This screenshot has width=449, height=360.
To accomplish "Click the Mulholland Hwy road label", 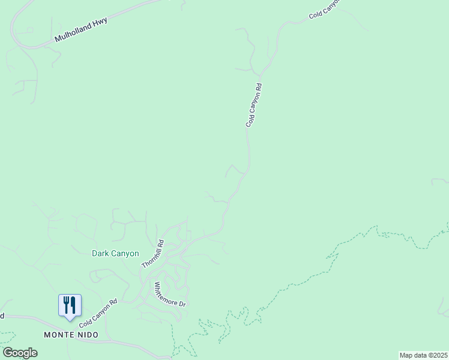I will (80, 29).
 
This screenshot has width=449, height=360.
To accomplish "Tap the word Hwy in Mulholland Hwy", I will (100, 22).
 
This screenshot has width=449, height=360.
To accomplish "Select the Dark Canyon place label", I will (115, 253).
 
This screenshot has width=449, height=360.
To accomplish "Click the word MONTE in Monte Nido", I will (59, 334).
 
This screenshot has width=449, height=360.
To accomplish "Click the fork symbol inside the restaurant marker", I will (65, 305).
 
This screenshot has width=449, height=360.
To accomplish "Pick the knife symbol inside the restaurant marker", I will (73, 305).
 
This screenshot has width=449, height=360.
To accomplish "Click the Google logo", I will (20, 353).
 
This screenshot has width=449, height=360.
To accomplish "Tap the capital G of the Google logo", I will (8, 352).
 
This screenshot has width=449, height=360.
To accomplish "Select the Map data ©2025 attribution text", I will (423, 355).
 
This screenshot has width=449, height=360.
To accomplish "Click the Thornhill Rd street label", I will (152, 254).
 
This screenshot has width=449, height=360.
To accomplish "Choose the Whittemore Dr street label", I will (170, 294).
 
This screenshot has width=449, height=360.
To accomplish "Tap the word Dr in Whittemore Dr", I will (184, 303).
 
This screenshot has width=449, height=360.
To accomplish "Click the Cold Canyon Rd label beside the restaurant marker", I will (97, 310).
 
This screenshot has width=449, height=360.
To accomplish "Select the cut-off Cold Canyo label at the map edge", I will (324, 8).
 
